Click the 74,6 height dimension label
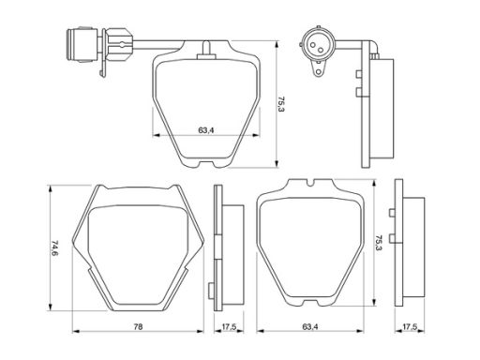[x=54, y=247]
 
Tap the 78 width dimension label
[x=138, y=327]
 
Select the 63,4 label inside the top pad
[x=206, y=130]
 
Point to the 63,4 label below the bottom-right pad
[x=310, y=327]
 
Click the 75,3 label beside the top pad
[x=281, y=104]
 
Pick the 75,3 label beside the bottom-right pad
[x=379, y=244]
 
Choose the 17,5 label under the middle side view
[x=229, y=327]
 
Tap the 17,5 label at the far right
[x=410, y=327]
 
